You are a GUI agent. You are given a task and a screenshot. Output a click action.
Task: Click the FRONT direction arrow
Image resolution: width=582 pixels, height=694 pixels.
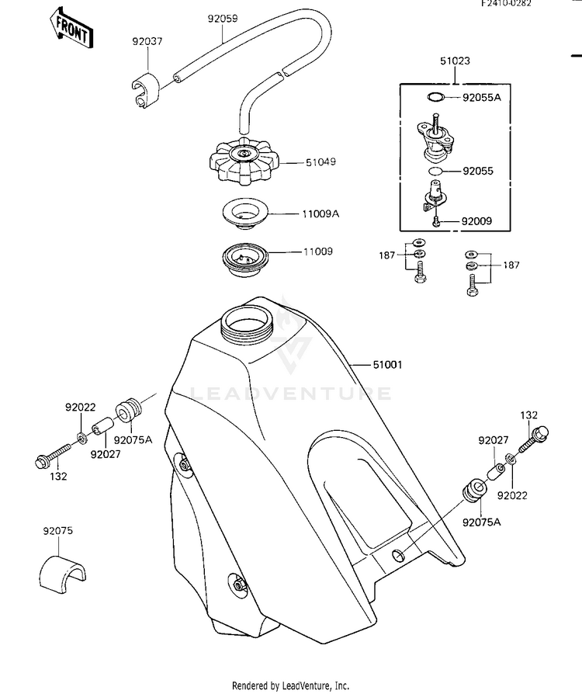tap(71, 27)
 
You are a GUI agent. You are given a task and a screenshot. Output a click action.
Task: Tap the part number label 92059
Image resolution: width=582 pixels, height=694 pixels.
tap(223, 19)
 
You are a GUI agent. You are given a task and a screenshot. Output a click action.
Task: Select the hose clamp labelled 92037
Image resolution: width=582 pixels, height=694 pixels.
tap(146, 89)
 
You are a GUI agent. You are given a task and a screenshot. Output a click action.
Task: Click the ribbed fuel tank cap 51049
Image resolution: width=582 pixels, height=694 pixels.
tap(244, 161)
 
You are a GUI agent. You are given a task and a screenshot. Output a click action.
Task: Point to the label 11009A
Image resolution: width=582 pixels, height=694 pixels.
tap(320, 214)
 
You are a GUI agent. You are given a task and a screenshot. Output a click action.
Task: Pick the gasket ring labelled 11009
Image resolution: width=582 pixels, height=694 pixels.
tap(244, 260)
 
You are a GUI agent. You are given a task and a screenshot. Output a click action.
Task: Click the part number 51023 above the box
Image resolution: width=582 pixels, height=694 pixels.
tap(455, 61)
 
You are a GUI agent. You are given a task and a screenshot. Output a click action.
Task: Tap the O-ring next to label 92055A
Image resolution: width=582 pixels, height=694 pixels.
tap(436, 97)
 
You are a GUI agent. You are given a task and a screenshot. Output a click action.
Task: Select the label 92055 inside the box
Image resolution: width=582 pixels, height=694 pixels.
tap(478, 172)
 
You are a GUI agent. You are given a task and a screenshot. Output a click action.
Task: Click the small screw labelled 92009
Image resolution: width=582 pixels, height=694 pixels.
tap(437, 221)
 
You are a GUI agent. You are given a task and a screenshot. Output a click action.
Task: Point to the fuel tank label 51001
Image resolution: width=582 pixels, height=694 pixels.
tap(388, 365)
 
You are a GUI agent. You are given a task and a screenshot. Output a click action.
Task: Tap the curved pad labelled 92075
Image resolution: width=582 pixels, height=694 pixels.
tap(62, 570)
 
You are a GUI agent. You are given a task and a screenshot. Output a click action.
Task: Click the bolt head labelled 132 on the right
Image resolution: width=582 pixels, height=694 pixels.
tap(542, 432)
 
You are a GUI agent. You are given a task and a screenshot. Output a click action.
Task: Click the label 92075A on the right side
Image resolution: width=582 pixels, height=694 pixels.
tap(482, 522)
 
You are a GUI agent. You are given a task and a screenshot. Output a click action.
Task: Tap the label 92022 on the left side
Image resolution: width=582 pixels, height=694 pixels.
tap(81, 408)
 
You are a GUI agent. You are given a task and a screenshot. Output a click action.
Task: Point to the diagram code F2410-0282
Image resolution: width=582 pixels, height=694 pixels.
tap(507, 4)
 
